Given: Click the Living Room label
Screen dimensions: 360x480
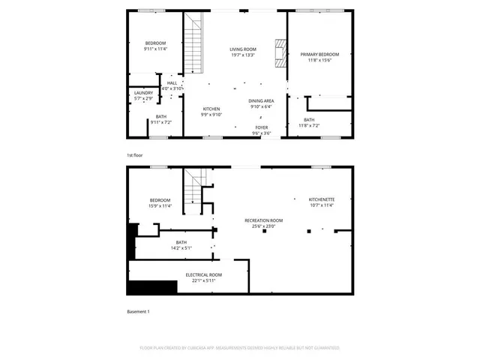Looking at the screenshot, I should [242, 49].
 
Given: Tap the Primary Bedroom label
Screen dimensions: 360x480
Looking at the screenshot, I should [319, 54].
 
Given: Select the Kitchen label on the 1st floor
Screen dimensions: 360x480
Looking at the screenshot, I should [210, 109].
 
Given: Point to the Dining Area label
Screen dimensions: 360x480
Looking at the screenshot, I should [262, 100].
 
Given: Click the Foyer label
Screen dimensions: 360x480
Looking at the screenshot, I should [261, 127].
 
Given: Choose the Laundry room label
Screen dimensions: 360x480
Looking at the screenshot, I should [143, 93].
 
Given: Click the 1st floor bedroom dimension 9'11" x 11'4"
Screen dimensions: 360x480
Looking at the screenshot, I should [155, 49].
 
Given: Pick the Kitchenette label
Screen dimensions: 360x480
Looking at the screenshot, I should [322, 199].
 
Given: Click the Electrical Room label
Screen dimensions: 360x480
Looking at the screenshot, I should [204, 275].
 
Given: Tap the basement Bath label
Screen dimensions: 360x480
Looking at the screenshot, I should [181, 242].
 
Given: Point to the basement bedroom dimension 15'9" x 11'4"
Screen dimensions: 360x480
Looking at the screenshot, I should [160, 205].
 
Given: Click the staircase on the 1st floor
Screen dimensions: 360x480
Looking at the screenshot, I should [193, 41].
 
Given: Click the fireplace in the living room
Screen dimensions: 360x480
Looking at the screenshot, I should [280, 54].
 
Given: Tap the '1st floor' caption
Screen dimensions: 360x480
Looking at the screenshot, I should [135, 155].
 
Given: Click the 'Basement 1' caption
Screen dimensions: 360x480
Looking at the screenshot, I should [138, 311].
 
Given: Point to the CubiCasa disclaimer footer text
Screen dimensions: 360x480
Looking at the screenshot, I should [240, 348].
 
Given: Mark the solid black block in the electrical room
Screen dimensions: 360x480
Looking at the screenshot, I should [152, 287].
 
